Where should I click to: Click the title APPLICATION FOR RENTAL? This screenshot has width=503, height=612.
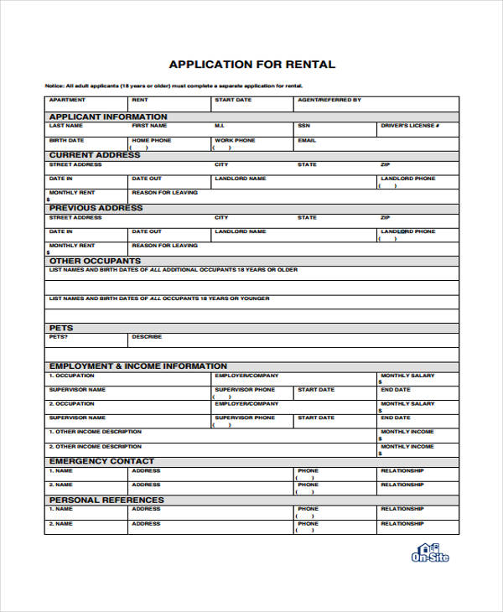coord(251,64)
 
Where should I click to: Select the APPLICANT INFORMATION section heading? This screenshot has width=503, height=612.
coord(107,117)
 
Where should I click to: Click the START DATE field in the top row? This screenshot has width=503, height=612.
coord(232,100)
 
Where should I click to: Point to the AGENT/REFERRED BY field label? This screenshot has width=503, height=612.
coord(329,100)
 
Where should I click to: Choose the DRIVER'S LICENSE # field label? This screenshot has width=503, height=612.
coord(410,126)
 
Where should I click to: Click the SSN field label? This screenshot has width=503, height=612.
coord(303,126)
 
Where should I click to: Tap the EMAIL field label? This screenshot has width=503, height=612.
coord(307,140)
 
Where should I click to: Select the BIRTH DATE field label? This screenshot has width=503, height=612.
coord(66,140)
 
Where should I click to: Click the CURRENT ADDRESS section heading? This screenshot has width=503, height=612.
coord(95,155)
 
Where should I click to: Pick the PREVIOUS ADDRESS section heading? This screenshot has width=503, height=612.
coord(96,208)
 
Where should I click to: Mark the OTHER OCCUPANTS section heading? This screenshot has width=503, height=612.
coord(94,261)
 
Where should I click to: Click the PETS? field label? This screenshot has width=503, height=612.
coord(59,337)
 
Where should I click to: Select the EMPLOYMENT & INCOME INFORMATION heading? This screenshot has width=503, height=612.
coord(137,366)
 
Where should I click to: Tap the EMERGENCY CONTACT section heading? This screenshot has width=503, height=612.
coord(101,461)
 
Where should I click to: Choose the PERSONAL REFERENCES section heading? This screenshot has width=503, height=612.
coord(106,500)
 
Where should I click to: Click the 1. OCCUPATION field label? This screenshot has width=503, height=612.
coord(72,376)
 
